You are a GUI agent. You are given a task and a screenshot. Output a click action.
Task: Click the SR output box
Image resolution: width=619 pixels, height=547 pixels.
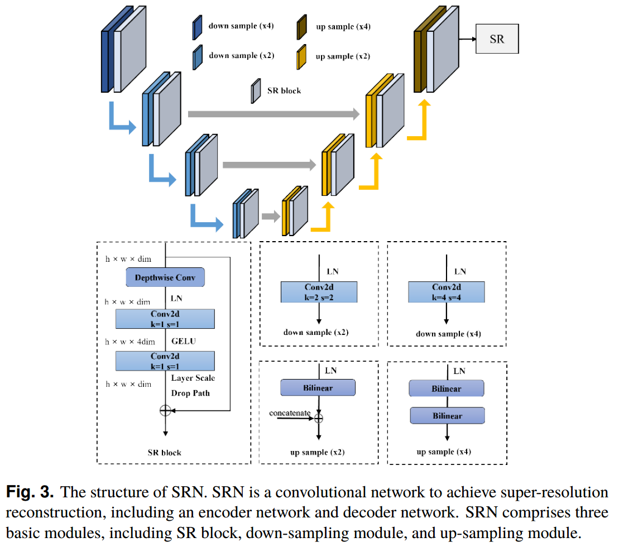[497, 39]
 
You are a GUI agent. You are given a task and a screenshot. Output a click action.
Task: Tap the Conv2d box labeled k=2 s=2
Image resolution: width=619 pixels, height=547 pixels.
[318, 292]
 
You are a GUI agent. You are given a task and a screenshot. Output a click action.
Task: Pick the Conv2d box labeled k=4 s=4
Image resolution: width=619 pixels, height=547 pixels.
[446, 292]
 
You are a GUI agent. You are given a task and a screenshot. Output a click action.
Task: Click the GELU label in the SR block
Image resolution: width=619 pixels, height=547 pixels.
[184, 340]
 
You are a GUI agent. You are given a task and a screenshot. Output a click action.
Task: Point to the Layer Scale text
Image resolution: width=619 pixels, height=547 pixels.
[193, 378]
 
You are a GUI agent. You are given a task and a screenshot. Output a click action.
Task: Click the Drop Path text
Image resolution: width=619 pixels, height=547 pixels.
[190, 393]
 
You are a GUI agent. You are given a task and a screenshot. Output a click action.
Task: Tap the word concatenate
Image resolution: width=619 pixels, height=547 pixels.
[290, 413]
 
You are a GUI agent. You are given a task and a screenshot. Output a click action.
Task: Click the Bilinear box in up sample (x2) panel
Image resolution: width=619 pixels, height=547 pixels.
[318, 387]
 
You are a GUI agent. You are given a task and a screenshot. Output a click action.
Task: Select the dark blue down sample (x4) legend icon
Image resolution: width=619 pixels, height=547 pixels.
[197, 27]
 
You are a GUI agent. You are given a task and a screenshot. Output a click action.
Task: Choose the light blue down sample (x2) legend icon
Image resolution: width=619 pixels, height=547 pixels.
[197, 57]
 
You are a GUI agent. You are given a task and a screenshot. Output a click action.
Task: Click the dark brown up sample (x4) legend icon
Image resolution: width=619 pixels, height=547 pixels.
[302, 27]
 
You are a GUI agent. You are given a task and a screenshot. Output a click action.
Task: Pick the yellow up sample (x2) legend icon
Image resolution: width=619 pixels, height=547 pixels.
[302, 57]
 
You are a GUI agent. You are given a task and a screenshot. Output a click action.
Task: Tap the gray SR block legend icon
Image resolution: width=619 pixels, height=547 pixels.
[256, 90]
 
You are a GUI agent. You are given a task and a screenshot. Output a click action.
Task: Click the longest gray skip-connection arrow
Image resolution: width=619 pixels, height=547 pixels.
[273, 114]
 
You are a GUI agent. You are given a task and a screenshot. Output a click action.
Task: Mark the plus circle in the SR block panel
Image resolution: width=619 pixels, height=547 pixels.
[165, 411]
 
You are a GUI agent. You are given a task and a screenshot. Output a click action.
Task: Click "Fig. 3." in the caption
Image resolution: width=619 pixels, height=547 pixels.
[30, 493]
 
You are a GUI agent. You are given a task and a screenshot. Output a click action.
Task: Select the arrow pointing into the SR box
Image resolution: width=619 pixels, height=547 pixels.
[466, 39]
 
